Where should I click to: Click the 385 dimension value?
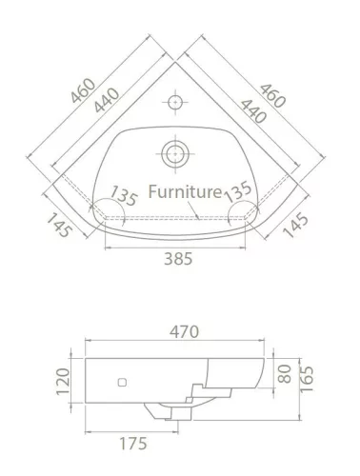click(178, 259)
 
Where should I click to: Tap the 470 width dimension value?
click(184, 332)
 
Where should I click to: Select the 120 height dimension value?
click(63, 382)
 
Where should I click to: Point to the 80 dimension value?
click(284, 374)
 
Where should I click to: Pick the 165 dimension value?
click(307, 379)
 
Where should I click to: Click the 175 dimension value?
click(133, 444)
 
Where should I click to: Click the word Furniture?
click(185, 192)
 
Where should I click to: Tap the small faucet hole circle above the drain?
click(174, 102)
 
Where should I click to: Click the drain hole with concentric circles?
click(175, 153)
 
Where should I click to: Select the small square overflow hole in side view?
click(122, 383)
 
